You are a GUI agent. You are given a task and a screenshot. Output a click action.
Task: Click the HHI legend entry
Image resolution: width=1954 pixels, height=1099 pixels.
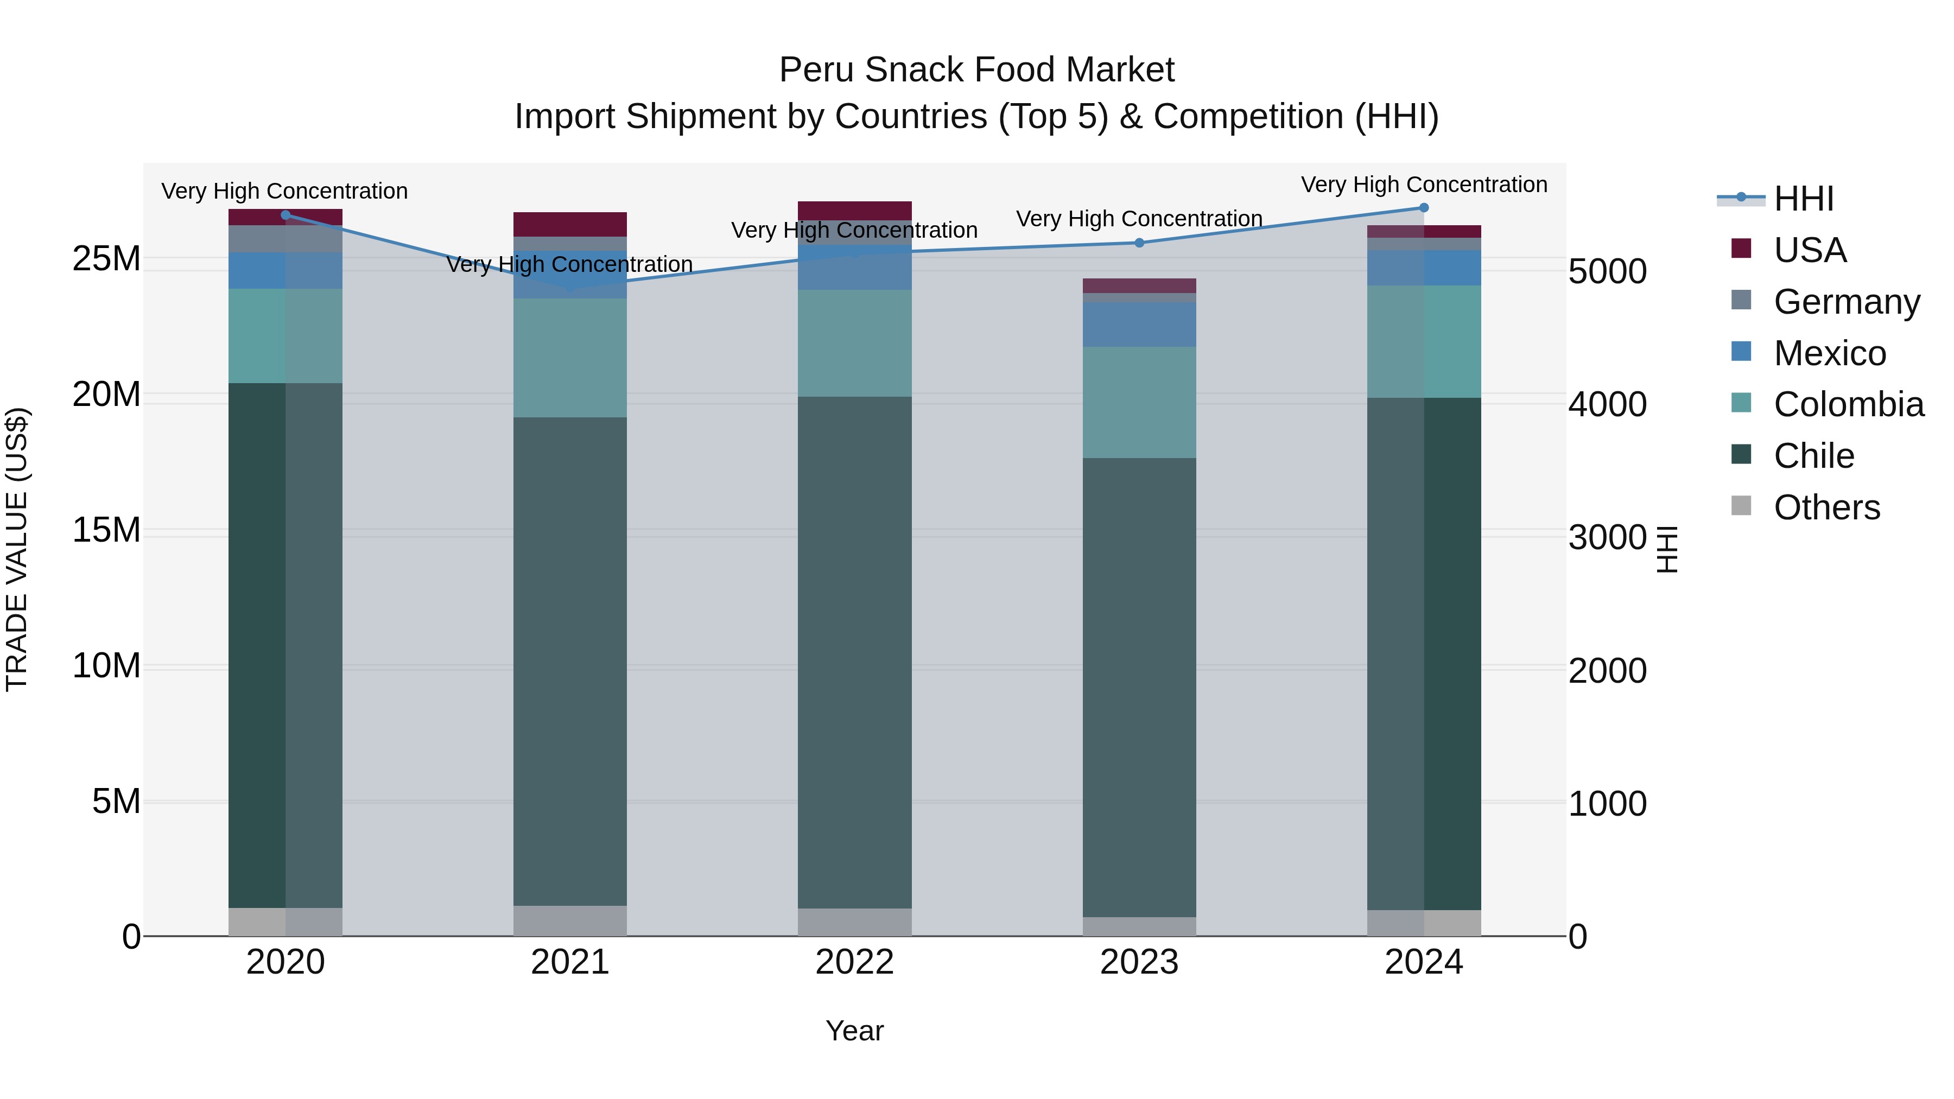pos(1803,199)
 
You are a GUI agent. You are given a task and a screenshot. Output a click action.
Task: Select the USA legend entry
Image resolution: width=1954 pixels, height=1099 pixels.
pos(1809,250)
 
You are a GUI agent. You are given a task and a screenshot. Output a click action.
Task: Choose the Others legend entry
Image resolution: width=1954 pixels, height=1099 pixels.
pos(1826,507)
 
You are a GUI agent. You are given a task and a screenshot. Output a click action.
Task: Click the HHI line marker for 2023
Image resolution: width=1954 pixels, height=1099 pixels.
pos(1139,243)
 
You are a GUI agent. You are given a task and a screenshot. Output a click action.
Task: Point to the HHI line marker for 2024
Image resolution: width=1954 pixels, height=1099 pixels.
pos(1423,208)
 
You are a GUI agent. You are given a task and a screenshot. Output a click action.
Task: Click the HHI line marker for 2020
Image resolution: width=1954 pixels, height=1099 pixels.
pos(285,215)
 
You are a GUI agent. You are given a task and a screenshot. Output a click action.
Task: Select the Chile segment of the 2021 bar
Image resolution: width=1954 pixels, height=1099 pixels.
pos(570,660)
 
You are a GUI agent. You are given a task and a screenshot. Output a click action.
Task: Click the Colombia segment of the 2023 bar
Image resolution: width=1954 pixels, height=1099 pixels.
pos(1139,402)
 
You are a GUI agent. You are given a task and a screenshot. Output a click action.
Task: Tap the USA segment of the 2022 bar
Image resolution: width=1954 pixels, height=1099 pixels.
pos(854,210)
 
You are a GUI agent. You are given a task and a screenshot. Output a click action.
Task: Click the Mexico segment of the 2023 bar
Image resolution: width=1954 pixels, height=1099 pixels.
pos(1139,325)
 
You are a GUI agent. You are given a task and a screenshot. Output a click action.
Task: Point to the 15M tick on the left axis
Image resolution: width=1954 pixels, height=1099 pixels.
pos(106,530)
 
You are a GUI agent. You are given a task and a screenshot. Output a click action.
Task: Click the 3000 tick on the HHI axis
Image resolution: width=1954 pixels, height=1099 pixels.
pos(1607,538)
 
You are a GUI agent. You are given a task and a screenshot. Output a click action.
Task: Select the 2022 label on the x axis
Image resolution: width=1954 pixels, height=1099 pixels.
pos(854,962)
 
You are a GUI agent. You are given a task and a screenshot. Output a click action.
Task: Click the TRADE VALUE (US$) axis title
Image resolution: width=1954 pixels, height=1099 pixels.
pos(17,549)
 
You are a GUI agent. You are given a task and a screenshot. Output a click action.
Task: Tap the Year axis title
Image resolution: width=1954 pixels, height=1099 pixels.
pos(854,1031)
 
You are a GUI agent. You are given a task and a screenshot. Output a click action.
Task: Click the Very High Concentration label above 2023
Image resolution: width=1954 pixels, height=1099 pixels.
pos(1139,218)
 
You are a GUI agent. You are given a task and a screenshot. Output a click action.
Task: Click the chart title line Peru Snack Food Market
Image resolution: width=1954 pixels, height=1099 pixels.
pos(976,70)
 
